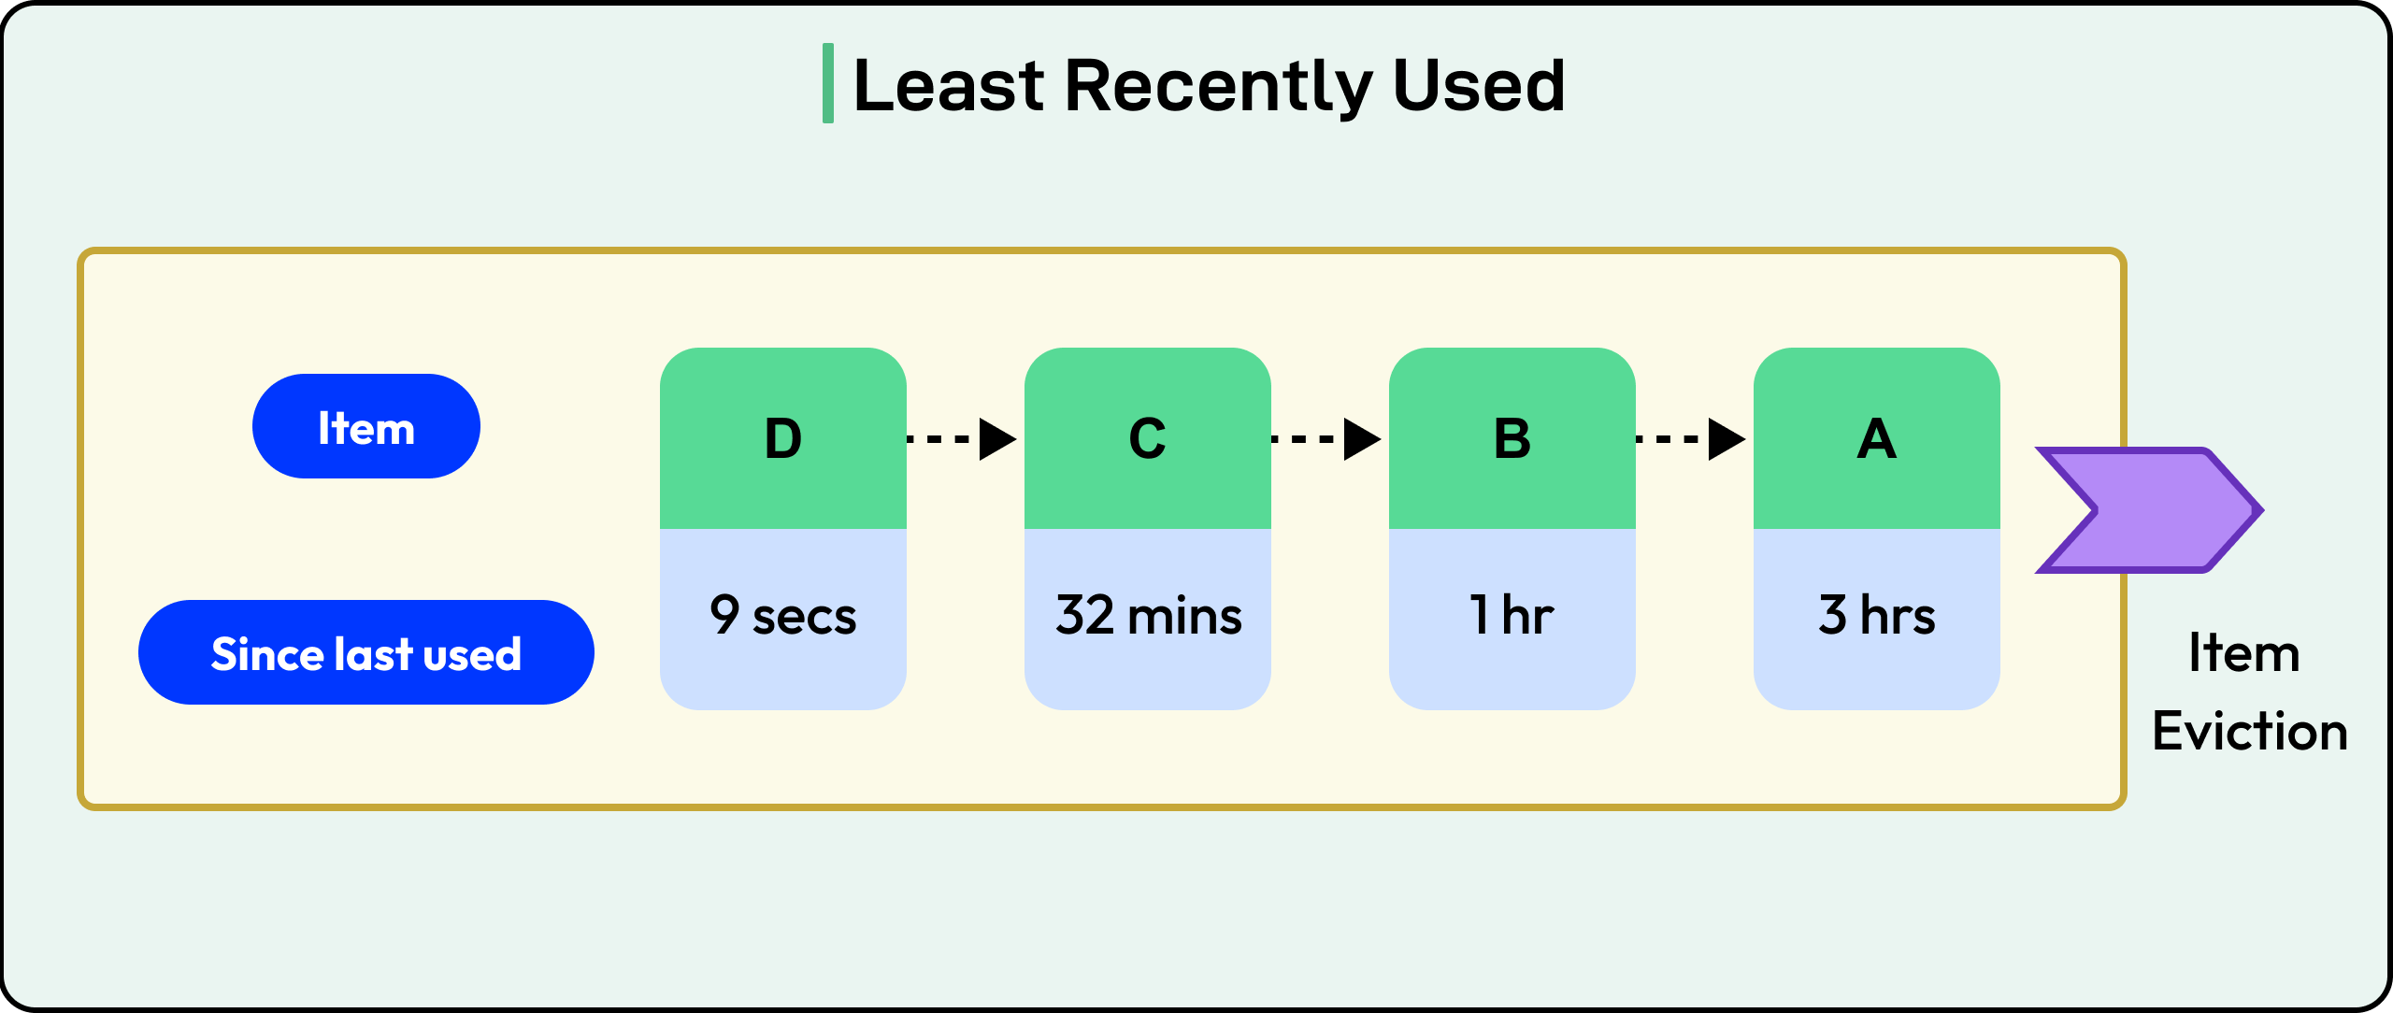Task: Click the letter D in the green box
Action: (x=783, y=438)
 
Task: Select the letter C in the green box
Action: (x=1147, y=438)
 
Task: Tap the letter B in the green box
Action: (x=1512, y=438)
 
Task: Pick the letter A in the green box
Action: (x=1876, y=438)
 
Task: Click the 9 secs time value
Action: (x=783, y=616)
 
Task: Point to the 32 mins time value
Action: (x=1148, y=616)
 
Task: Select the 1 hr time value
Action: (x=1512, y=616)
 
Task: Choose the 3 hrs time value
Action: (x=1876, y=616)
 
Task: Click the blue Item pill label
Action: (x=366, y=427)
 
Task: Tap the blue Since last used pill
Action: (x=366, y=653)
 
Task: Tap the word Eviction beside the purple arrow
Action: (x=2250, y=732)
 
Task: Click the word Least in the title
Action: (x=948, y=86)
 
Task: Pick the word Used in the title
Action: (x=1479, y=86)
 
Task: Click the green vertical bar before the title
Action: (x=827, y=83)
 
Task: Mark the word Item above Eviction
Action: (x=2244, y=653)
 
